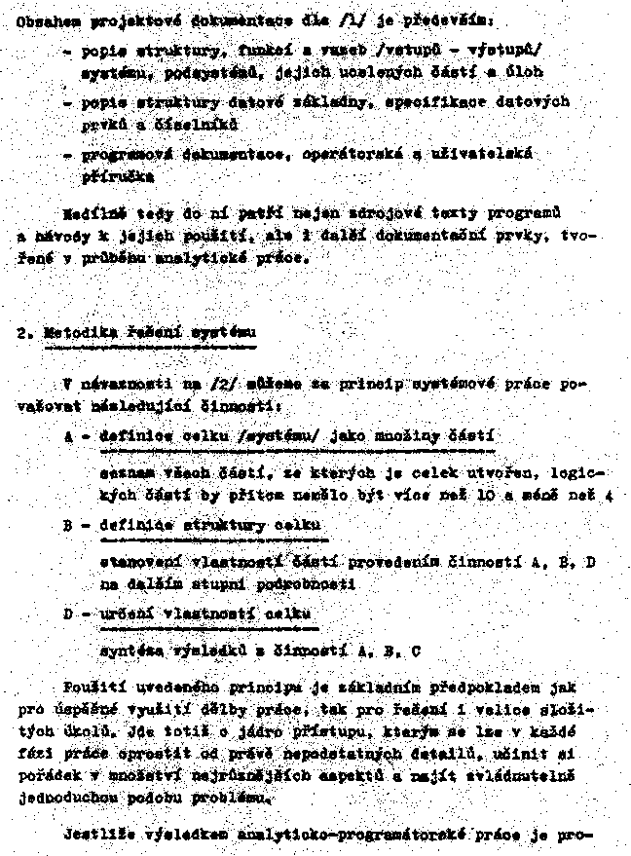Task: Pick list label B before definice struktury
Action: (x=68, y=526)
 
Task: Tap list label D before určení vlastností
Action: (x=68, y=614)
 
